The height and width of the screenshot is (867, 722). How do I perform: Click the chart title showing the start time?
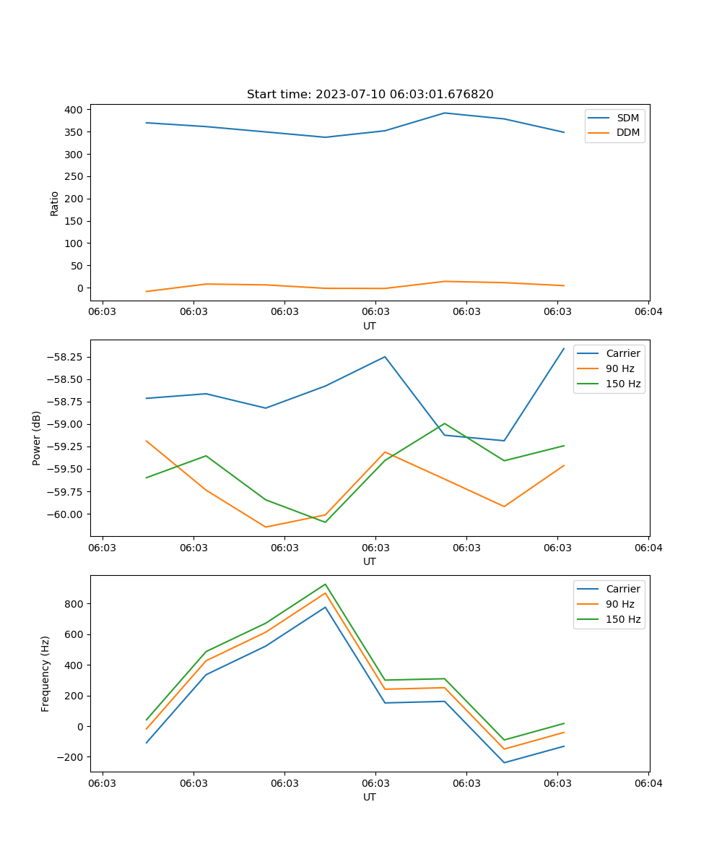pos(370,95)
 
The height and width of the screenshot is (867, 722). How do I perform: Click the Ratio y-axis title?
pos(54,203)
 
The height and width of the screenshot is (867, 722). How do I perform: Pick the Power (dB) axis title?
pos(37,438)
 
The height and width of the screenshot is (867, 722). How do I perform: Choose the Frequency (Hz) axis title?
pos(45,673)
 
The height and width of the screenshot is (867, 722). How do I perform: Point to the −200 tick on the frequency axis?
pos(71,757)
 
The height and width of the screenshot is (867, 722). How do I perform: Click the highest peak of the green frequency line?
pos(326,585)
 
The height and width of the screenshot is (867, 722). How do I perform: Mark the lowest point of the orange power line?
pos(266,527)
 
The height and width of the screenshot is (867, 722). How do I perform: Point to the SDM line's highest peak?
pos(445,113)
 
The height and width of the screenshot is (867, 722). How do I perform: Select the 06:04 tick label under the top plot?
pos(648,312)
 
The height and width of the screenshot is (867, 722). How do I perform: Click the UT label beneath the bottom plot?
pos(370,797)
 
